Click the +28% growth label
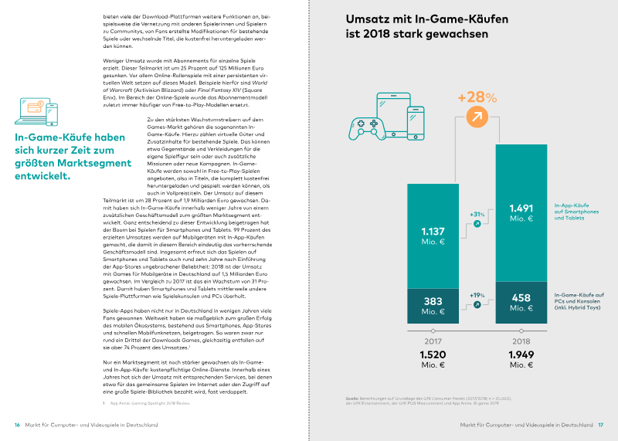[477, 98]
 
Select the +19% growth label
[477, 295]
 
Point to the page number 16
[17, 425]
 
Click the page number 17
[600, 425]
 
